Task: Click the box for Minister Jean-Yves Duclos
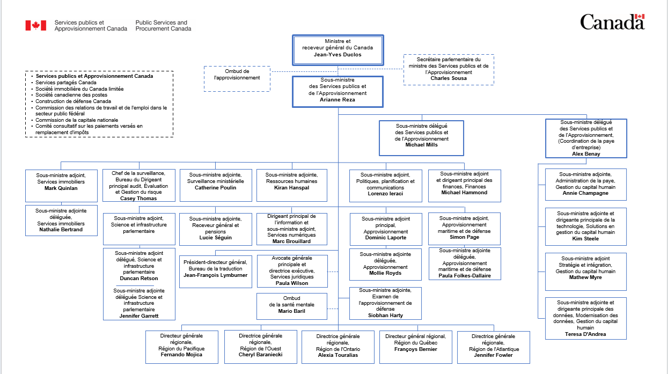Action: tap(338, 48)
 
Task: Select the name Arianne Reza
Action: tap(338, 100)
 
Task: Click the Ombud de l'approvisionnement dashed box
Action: tap(237, 75)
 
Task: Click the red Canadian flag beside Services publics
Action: tap(36, 26)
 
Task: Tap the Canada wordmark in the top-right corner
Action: tap(612, 23)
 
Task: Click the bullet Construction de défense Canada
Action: tap(73, 101)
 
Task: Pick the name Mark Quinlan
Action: tap(61, 189)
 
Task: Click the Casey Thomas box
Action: tap(139, 186)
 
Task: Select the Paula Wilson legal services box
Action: tap(292, 271)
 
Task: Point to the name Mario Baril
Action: tap(292, 311)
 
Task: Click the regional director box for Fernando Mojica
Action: tap(182, 347)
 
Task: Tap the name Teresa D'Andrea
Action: tap(585, 334)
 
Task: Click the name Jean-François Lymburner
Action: tap(215, 275)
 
